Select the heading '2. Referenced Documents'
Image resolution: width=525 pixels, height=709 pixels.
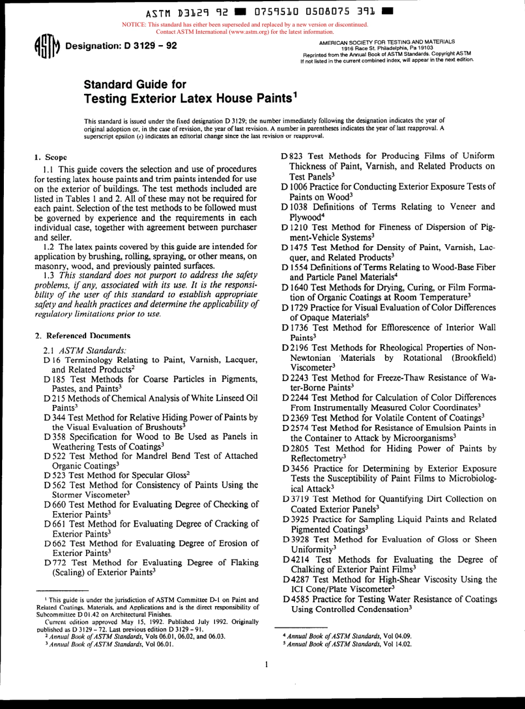82,335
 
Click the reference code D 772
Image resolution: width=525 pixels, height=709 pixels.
56,563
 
